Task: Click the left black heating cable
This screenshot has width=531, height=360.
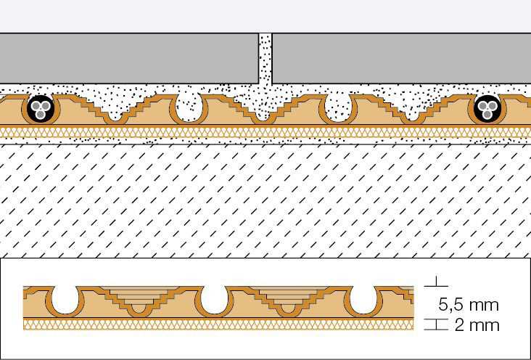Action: [41, 108]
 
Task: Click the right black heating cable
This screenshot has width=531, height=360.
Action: [487, 108]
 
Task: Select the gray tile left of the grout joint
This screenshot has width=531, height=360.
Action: [129, 58]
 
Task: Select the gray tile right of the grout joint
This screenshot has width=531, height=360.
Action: [401, 58]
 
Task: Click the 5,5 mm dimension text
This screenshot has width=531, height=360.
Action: [469, 305]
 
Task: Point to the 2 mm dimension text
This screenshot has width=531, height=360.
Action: [477, 325]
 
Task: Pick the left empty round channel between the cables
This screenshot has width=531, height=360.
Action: [189, 108]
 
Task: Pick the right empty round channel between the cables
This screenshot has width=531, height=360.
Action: [338, 108]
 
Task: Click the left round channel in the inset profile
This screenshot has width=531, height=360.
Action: [65, 300]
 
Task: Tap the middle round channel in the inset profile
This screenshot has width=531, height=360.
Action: [214, 300]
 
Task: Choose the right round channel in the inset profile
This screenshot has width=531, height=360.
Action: [363, 300]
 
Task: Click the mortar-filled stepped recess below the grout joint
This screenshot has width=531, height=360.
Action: [263, 108]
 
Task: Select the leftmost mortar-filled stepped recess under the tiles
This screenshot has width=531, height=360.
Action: [115, 108]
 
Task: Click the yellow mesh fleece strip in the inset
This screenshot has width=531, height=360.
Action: [218, 324]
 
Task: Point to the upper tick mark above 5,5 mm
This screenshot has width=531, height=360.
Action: [436, 283]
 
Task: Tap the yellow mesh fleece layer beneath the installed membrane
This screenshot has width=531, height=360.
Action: [265, 132]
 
